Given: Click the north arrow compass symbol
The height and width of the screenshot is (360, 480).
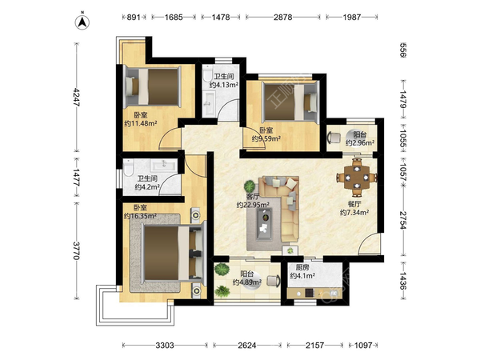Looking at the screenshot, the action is point(82,22).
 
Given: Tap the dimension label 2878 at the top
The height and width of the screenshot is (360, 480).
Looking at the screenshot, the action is point(283,17).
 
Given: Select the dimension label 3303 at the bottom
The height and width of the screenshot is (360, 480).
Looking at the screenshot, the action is point(165,346).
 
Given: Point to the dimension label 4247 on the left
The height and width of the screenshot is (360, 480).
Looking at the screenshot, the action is point(76,97).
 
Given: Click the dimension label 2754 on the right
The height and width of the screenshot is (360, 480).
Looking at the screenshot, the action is point(403,220).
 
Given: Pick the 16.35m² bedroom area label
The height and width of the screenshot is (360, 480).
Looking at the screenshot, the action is point(140,212).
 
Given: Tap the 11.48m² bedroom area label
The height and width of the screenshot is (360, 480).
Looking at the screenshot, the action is point(141,119).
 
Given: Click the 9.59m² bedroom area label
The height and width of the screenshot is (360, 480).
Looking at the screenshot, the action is point(266,134).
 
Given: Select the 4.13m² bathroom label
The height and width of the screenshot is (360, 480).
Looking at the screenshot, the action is point(224,81).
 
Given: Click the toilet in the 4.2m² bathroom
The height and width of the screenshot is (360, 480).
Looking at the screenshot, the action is point(129,167).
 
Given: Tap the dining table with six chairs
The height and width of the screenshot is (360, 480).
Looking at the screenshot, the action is point(357,178).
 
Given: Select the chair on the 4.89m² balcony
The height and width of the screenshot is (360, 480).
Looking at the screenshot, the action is point(274,281).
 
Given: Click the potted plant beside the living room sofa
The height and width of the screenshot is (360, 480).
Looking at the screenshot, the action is point(250,186).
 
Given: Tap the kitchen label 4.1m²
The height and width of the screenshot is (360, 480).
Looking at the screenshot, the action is point(302,272).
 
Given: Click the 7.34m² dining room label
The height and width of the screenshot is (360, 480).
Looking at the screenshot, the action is point(354,208).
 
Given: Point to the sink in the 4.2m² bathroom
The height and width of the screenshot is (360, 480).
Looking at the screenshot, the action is point(163,166).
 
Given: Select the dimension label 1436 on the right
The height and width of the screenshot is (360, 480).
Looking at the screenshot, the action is point(403,281).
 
